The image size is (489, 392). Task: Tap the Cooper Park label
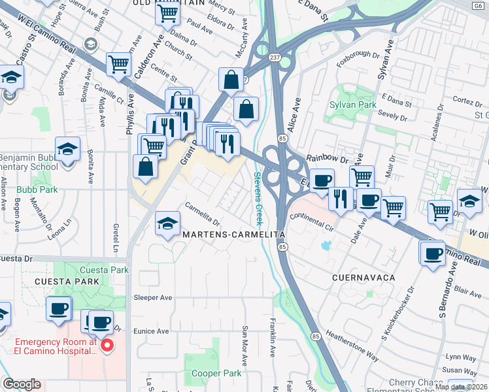pyautogui.click(x=216, y=374)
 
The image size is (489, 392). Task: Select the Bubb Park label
pyautogui.click(x=37, y=189)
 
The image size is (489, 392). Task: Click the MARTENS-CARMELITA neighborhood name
pyautogui.click(x=234, y=234)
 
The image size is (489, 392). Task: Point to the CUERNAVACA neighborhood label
pyautogui.click(x=363, y=278)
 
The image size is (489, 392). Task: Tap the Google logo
pyautogui.click(x=22, y=385)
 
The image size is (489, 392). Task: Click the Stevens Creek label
pyautogui.click(x=258, y=195)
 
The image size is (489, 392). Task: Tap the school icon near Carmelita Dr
pyautogui.click(x=168, y=224)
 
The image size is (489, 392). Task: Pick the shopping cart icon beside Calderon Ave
pyautogui.click(x=118, y=65)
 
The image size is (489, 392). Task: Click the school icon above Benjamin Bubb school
pyautogui.click(x=67, y=149)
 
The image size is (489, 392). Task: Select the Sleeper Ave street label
pyautogui.click(x=152, y=297)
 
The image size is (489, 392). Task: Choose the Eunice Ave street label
pyautogui.click(x=151, y=331)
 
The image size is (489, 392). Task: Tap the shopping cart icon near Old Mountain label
pyautogui.click(x=167, y=12)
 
